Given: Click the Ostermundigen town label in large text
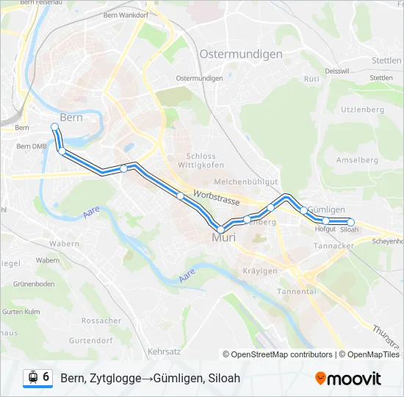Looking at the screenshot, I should pyautogui.click(x=240, y=54).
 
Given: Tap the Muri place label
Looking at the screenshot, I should pyautogui.click(x=223, y=238).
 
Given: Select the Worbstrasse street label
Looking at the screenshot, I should pyautogui.click(x=217, y=197).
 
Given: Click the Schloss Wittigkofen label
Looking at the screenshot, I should pyautogui.click(x=201, y=161).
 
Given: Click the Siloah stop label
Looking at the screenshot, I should pyautogui.click(x=350, y=230).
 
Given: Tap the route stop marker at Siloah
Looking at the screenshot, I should pyautogui.click(x=350, y=222).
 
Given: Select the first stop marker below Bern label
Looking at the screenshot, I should pyautogui.click(x=54, y=127).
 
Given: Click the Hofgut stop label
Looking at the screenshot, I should pyautogui.click(x=325, y=229).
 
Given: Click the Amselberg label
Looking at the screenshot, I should pyautogui.click(x=356, y=160).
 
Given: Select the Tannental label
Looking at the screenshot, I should pyautogui.click(x=296, y=291).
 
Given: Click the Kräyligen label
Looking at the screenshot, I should pyautogui.click(x=260, y=271).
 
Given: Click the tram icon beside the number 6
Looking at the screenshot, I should pyautogui.click(x=32, y=377).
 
